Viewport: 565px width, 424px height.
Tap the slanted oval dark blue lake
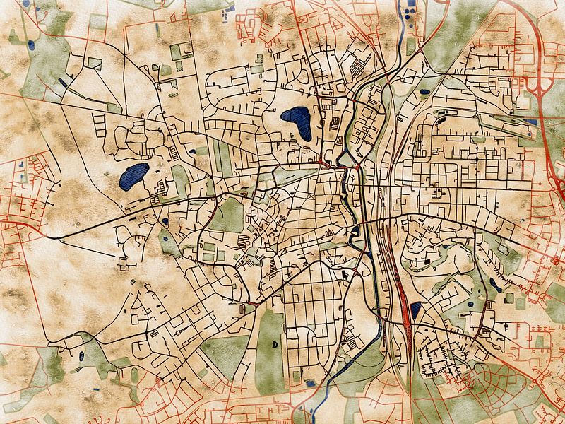133,177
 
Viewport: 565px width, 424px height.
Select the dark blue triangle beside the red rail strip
415,309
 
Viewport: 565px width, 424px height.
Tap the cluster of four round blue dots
408,10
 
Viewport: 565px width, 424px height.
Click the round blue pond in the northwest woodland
30,45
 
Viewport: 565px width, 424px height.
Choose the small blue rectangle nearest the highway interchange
531,122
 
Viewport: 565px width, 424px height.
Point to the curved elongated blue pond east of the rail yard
494,285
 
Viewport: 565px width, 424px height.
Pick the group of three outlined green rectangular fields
211,251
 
